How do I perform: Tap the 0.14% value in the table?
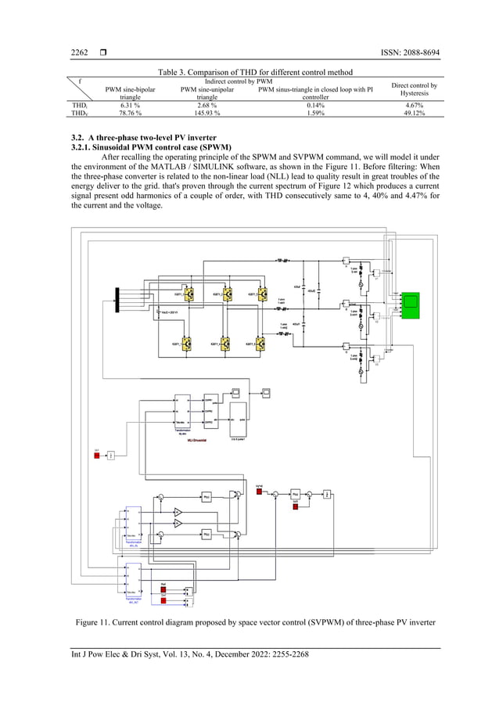click(x=315, y=104)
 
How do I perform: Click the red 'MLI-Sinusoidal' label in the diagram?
click(x=185, y=439)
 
